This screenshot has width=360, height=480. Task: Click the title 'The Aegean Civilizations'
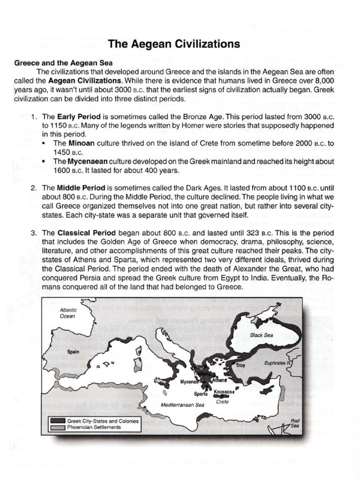click(x=174, y=44)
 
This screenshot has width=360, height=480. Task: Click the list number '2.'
click(x=34, y=187)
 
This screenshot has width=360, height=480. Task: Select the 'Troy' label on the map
click(x=240, y=365)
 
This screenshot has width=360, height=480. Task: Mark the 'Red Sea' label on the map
click(x=295, y=423)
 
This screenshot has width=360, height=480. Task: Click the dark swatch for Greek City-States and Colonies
click(x=58, y=420)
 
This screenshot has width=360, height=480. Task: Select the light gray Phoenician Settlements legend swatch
click(x=58, y=427)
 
